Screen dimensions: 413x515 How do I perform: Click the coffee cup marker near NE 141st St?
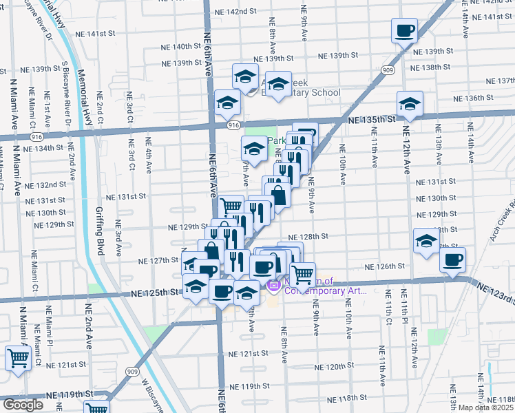(404, 30)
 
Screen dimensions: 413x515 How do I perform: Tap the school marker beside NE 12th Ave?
(410, 104)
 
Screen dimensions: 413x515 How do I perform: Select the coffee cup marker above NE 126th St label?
(452, 260)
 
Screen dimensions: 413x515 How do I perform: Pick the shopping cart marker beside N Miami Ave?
(17, 357)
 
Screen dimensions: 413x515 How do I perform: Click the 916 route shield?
(234, 125)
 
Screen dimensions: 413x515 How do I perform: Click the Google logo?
(23, 405)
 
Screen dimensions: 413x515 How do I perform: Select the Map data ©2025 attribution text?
(486, 407)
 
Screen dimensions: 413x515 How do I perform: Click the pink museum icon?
(273, 284)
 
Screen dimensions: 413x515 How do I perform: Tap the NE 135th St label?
(372, 119)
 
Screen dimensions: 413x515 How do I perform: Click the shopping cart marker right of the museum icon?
(303, 275)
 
